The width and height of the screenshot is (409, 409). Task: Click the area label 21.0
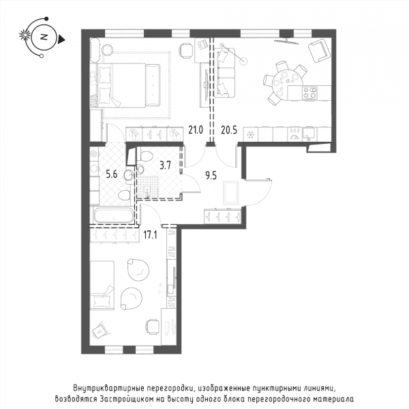coord(196,130)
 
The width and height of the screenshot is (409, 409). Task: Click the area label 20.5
coord(229,130)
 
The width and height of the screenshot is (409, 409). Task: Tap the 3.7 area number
coord(166,165)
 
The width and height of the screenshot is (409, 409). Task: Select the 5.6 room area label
coord(112,175)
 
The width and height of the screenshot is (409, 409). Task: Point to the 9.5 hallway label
coord(211,176)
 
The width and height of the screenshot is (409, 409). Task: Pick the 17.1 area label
coord(150,235)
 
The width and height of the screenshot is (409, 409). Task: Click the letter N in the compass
coord(44,37)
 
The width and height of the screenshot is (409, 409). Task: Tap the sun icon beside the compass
coord(25,35)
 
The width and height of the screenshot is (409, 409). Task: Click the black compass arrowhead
coord(61,40)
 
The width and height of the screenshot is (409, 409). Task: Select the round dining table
coord(287,83)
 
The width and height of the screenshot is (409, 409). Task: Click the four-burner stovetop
coord(309,93)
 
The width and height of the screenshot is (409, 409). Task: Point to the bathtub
coord(114,215)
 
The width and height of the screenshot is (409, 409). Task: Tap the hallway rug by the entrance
coord(231,193)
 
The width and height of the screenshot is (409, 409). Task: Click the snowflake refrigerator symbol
coord(250,134)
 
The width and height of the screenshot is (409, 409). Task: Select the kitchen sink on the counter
coord(310,134)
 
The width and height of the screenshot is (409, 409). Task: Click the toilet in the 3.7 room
coord(146,156)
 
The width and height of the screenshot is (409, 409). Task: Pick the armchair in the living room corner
coord(319,50)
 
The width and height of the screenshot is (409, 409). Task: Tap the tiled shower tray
coord(148,187)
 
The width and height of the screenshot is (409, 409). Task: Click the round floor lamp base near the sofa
coord(243,61)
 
